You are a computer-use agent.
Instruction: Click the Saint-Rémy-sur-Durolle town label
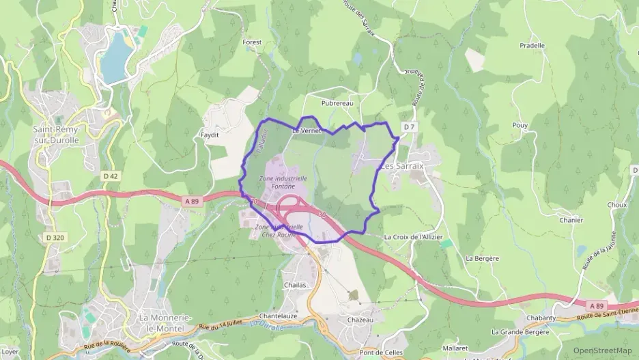coord(57,135)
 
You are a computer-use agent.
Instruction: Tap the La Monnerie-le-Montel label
coord(165,323)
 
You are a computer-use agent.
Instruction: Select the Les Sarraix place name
coord(402,166)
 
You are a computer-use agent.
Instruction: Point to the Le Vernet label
coord(306,130)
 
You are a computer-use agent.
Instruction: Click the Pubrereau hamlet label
coord(337,103)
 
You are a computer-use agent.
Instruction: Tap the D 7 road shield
coord(409,127)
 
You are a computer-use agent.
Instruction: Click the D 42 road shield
coord(111,176)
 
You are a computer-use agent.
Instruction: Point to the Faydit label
coord(210,135)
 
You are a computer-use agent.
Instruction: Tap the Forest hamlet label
coord(252,42)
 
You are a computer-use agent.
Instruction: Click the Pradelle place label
coord(532,46)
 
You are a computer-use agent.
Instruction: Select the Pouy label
coord(520,126)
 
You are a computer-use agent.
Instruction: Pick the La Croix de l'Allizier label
coord(414,237)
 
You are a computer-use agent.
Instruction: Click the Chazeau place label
coord(360,320)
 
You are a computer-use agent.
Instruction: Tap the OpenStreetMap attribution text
coord(602,350)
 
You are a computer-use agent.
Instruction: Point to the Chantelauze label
coord(276,316)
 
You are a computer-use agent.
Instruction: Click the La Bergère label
coord(482,258)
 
